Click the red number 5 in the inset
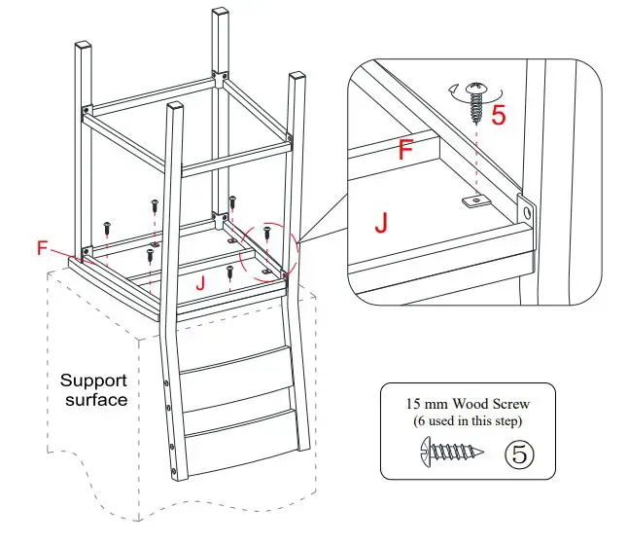coord(498,116)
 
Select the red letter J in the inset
coord(383,224)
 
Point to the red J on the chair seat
coord(199,283)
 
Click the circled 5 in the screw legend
coord(520,453)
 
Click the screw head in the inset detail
coord(476,90)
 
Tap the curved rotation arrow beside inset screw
coord(457,93)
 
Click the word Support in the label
coord(94,381)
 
